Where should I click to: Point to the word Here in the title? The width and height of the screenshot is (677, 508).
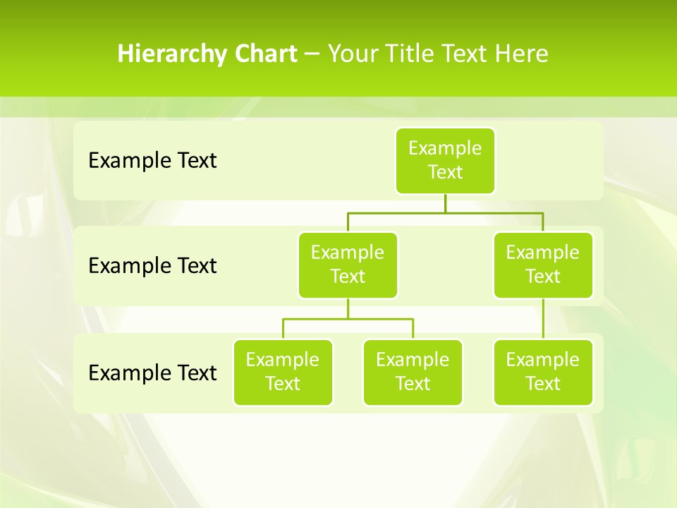click(x=523, y=54)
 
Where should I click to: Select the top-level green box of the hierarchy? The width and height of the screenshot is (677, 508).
click(x=445, y=161)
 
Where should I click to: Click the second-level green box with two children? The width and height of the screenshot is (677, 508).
click(x=348, y=265)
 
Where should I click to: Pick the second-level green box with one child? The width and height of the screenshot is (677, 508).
click(x=543, y=265)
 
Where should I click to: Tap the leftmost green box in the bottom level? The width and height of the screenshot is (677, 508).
click(x=283, y=372)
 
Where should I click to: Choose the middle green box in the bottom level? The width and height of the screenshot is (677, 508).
click(x=413, y=372)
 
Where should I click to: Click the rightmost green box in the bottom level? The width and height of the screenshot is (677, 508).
click(x=543, y=372)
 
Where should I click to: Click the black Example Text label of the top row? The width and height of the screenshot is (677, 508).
click(x=152, y=161)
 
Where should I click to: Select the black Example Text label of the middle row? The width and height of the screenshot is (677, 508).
click(x=152, y=266)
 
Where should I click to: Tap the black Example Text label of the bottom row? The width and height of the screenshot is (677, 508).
click(x=152, y=373)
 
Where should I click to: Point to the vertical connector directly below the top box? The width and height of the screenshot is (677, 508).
click(x=445, y=203)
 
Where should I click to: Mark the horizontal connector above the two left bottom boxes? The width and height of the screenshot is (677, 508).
click(x=348, y=319)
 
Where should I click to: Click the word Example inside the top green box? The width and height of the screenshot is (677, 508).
click(x=445, y=149)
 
